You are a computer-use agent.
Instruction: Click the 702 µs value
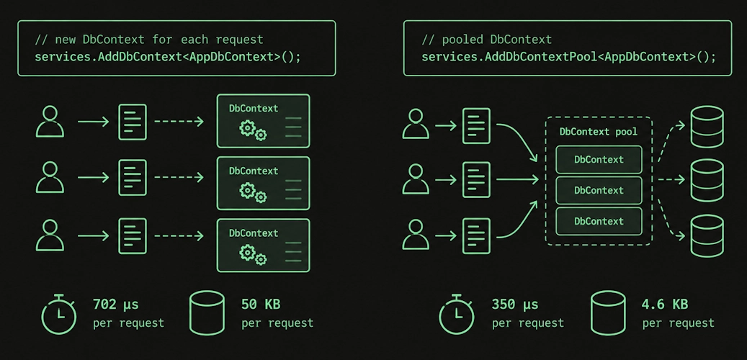[x=116, y=305]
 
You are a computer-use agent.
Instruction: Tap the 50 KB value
[x=260, y=305]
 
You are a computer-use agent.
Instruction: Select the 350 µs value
[x=515, y=305]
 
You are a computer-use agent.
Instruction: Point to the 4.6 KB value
[x=665, y=305]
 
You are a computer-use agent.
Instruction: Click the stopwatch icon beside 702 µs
[x=58, y=314]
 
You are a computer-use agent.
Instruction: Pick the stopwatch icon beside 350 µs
[x=457, y=314]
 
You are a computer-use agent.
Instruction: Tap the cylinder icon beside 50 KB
[x=207, y=312]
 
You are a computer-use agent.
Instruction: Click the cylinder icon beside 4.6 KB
[x=608, y=312]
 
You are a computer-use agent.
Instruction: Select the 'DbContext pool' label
[x=599, y=132]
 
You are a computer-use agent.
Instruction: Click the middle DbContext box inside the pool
[x=599, y=190]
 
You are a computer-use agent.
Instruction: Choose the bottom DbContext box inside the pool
[x=599, y=221]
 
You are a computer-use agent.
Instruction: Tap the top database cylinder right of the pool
[x=707, y=127]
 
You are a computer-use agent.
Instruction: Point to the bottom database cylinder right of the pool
[x=707, y=235]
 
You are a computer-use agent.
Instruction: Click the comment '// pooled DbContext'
[x=486, y=39]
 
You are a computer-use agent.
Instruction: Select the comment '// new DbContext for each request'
[x=148, y=39]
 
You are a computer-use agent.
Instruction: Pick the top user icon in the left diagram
[x=50, y=122]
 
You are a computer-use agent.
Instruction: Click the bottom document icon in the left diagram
[x=133, y=235]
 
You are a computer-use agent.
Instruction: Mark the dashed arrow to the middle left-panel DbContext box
[x=179, y=178]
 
